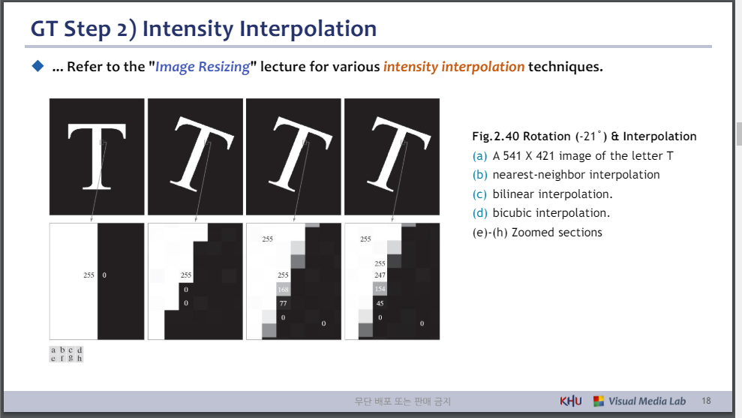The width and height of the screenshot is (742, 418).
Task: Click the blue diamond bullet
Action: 38,66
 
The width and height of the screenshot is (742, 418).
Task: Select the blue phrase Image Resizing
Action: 203,67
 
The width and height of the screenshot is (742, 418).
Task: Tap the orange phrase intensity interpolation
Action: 454,67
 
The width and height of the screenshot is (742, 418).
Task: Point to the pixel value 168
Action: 283,289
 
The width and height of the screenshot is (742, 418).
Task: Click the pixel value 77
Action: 283,303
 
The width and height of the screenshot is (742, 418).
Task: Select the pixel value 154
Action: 380,289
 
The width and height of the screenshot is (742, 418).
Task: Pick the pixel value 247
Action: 380,275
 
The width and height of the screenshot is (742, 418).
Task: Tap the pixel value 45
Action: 380,303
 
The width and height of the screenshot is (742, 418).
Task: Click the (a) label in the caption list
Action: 480,156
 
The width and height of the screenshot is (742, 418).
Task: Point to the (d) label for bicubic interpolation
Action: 480,213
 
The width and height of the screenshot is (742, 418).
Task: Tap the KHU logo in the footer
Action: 571,401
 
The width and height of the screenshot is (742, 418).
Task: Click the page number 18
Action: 706,401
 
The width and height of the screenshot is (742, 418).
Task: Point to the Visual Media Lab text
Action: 647,401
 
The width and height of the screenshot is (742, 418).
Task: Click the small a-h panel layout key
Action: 66,354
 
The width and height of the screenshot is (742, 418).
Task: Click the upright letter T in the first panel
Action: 97,156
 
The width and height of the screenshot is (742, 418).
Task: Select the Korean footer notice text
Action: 403,401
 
